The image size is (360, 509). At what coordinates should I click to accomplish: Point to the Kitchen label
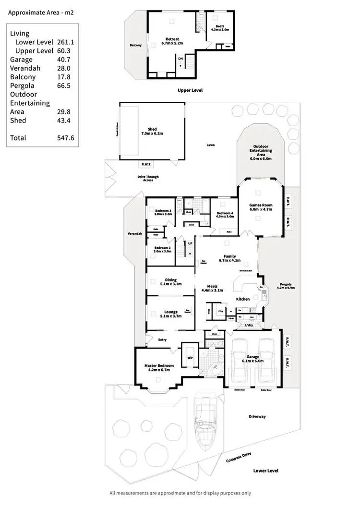[242, 299]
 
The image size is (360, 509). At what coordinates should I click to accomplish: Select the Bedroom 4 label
[225, 214]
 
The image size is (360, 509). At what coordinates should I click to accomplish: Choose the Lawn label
[211, 145]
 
